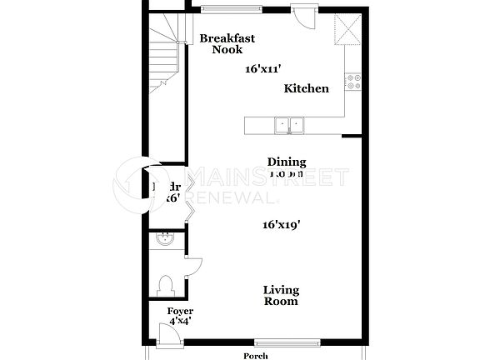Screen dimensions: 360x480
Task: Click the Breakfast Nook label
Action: [227, 43]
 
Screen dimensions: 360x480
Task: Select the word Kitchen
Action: [306, 88]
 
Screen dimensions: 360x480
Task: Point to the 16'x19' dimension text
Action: [281, 224]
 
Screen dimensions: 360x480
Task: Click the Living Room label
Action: [281, 295]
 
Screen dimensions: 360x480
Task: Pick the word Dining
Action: [286, 162]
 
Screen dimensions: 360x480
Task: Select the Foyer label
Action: [181, 311]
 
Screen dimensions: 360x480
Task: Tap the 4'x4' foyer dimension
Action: [181, 320]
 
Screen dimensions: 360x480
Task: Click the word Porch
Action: [255, 355]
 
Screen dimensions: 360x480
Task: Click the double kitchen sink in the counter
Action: [289, 126]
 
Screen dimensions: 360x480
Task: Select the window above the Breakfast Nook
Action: [227, 9]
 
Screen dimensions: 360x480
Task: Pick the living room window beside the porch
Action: [287, 342]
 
